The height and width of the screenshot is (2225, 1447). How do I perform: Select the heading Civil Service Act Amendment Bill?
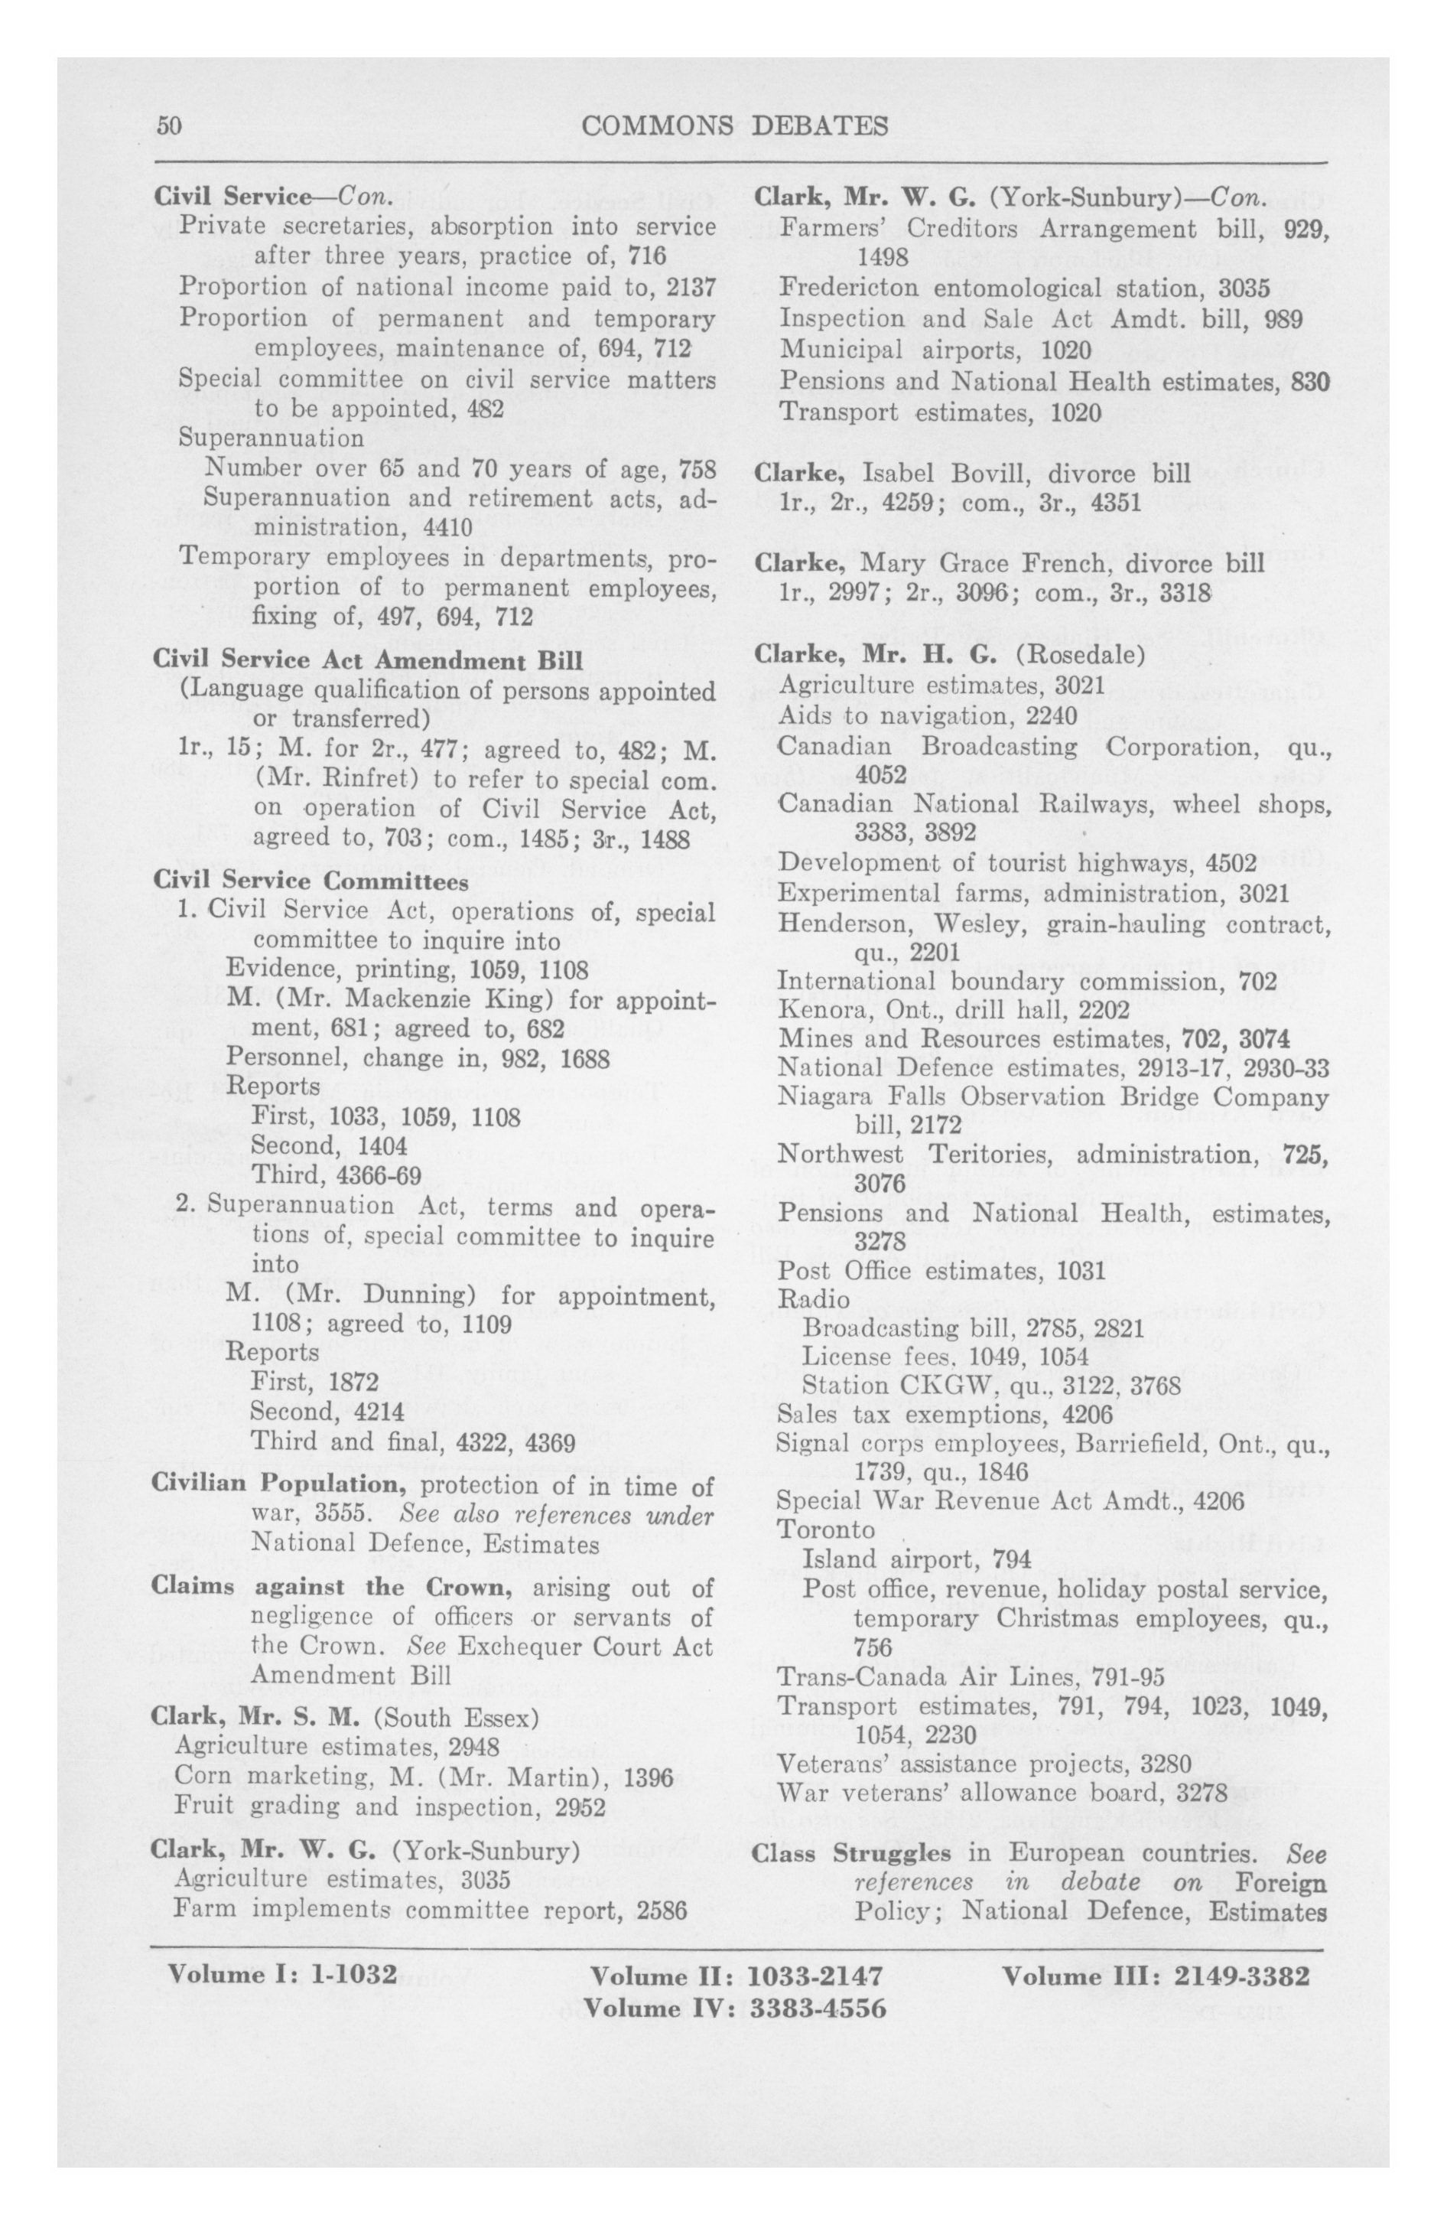pyautogui.click(x=367, y=661)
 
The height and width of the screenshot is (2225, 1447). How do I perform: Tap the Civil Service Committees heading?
pyautogui.click(x=311, y=881)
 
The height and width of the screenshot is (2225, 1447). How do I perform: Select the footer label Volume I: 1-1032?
pyautogui.click(x=282, y=1976)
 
